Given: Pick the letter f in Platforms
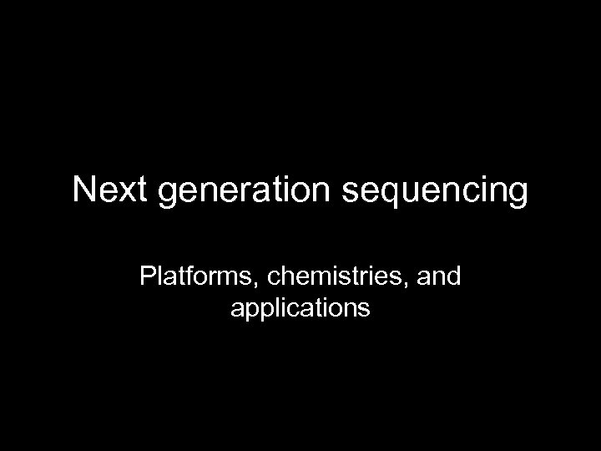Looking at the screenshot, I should pos(184,276).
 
